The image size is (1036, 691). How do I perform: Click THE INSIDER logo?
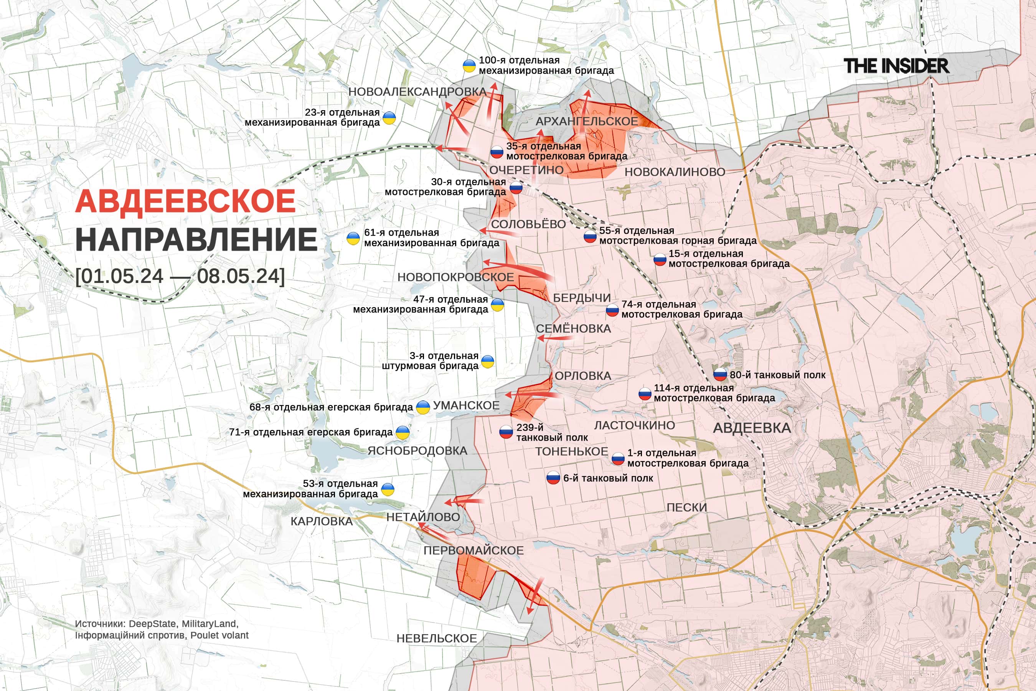(896, 66)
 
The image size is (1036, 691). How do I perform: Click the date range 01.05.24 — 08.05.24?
(180, 276)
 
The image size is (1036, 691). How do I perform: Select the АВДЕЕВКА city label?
(752, 428)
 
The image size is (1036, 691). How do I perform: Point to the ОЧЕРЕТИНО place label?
(526, 170)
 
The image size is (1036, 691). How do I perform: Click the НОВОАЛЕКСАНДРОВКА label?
(417, 92)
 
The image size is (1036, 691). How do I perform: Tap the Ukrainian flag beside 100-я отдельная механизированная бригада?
(469, 66)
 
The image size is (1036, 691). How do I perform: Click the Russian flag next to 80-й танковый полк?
(720, 375)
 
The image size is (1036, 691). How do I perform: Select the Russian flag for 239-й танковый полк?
(506, 432)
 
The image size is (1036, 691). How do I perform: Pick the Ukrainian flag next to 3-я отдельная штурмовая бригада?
(487, 361)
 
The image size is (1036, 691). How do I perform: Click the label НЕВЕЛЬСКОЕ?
(437, 638)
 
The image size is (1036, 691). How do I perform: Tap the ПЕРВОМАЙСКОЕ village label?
(473, 550)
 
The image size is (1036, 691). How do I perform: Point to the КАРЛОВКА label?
(322, 521)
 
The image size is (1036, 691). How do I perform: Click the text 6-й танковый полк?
(608, 478)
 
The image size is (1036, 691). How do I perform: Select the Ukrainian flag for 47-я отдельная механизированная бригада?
(497, 304)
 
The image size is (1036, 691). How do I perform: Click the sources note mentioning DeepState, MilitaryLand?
(161, 629)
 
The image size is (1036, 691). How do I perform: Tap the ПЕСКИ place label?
(686, 508)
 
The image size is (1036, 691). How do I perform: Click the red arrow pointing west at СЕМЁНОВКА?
(553, 338)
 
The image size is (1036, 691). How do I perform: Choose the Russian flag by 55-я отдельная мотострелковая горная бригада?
(590, 236)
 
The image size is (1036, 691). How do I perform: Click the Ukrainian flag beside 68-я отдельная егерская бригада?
(423, 407)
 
